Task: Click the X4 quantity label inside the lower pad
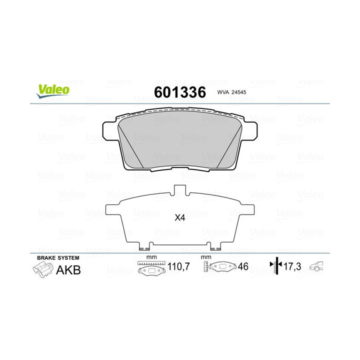pyautogui.click(x=179, y=217)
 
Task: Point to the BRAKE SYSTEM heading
pyautogui.click(x=58, y=257)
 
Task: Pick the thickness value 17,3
pyautogui.click(x=292, y=267)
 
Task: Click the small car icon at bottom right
pyautogui.click(x=316, y=267)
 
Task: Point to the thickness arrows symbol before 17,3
pyautogui.click(x=273, y=267)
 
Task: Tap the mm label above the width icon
pyautogui.click(x=148, y=257)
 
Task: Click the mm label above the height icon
pyautogui.click(x=204, y=257)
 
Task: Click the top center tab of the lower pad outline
pyautogui.click(x=179, y=190)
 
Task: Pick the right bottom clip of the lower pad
pyautogui.click(x=215, y=245)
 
